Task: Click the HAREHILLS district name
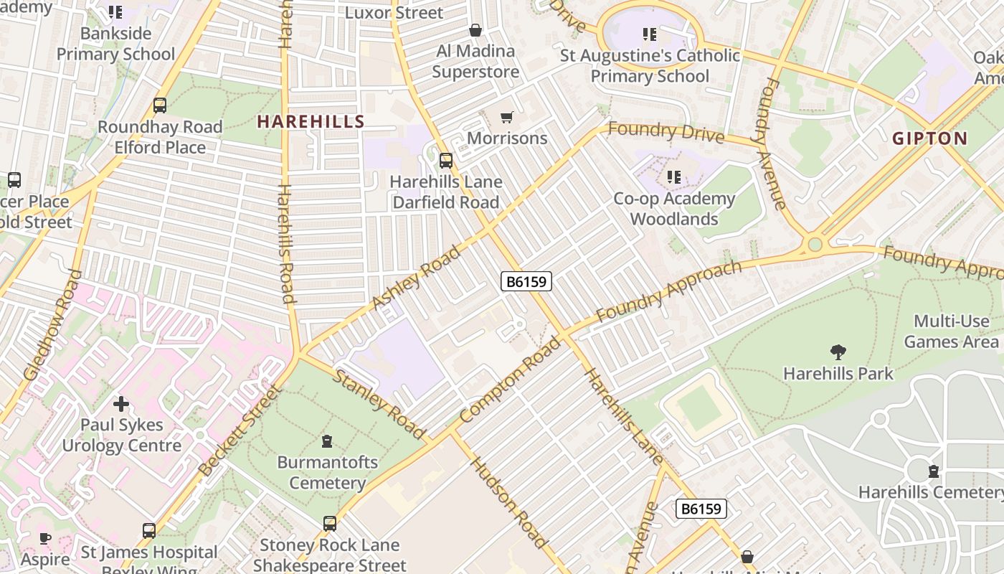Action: tap(311, 122)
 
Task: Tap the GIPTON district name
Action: tap(929, 138)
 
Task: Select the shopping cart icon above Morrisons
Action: tap(507, 117)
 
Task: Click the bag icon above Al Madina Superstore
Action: tap(475, 30)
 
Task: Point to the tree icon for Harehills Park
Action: tap(838, 352)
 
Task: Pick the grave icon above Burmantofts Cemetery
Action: tap(327, 441)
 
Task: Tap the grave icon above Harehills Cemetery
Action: tap(933, 471)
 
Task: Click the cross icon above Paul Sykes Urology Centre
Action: tap(121, 403)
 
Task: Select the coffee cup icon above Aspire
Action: tap(45, 538)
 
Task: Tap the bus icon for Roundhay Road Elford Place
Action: tap(160, 105)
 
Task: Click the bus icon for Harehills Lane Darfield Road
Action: tap(445, 161)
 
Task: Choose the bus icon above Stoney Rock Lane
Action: tap(329, 524)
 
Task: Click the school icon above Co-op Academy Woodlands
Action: tap(673, 177)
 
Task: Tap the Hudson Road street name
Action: tap(509, 502)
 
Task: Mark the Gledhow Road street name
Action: tap(54, 324)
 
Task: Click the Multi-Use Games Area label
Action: tap(951, 331)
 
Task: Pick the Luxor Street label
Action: tap(394, 13)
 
